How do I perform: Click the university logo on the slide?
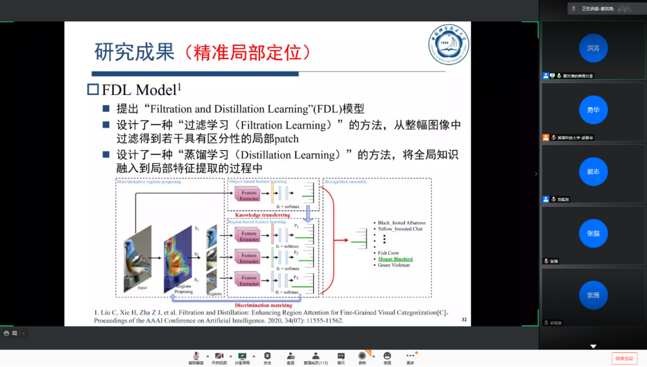pos(448,45)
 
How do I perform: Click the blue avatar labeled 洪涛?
pos(593,48)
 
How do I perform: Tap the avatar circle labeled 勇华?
pos(593,110)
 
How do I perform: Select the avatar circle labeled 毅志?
pos(593,172)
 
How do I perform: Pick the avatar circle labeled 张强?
pos(593,234)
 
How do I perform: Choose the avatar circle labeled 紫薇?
pos(593,295)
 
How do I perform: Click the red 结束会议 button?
pos(624,358)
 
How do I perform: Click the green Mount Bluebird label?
pos(395,259)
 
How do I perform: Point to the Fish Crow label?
pos(388,253)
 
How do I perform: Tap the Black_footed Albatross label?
pos(401,223)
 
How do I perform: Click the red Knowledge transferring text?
pos(263,215)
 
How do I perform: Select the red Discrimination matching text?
pos(263,305)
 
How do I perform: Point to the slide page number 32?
pos(464,319)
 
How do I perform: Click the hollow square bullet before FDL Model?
pos(93,90)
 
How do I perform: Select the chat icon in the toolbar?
pos(341,356)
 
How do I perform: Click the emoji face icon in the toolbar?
pos(387,356)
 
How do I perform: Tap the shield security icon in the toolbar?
pos(267,356)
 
